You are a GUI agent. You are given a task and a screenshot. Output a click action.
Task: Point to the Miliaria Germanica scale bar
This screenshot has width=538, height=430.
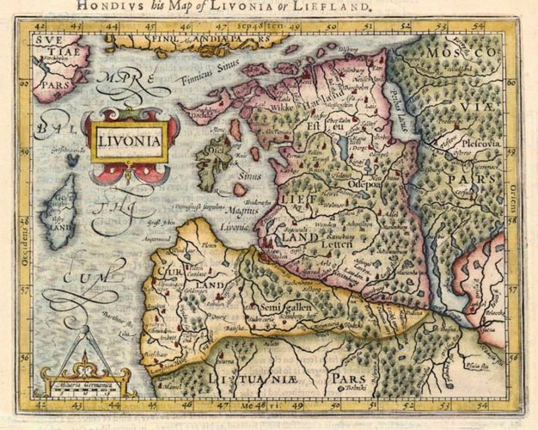click(85, 381)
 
